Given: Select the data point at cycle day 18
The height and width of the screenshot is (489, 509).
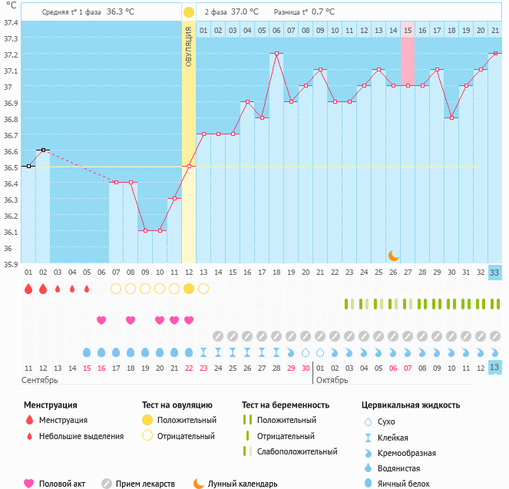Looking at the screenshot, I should click(276, 54).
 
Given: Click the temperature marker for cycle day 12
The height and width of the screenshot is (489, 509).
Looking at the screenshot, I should click(189, 166).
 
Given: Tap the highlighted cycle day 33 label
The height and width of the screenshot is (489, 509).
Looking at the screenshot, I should click(495, 272).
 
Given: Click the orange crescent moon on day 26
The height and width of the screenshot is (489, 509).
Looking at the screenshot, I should click(393, 255).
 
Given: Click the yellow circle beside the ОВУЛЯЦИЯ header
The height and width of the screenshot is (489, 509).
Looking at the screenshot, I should click(189, 12).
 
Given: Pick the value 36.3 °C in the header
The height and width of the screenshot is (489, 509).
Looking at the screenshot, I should click(120, 12).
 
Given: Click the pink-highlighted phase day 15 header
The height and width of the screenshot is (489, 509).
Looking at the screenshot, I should click(408, 30).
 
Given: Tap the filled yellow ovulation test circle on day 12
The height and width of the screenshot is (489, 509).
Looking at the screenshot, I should click(189, 289).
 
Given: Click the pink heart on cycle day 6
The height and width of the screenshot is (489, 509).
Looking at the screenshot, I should click(101, 320).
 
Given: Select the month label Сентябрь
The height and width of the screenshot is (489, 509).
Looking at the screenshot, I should click(39, 380).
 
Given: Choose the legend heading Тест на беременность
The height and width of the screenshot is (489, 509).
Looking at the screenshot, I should click(285, 405).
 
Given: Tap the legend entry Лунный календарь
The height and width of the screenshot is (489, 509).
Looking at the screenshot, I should click(243, 484).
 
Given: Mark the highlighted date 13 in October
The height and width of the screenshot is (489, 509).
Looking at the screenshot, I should click(495, 367).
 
